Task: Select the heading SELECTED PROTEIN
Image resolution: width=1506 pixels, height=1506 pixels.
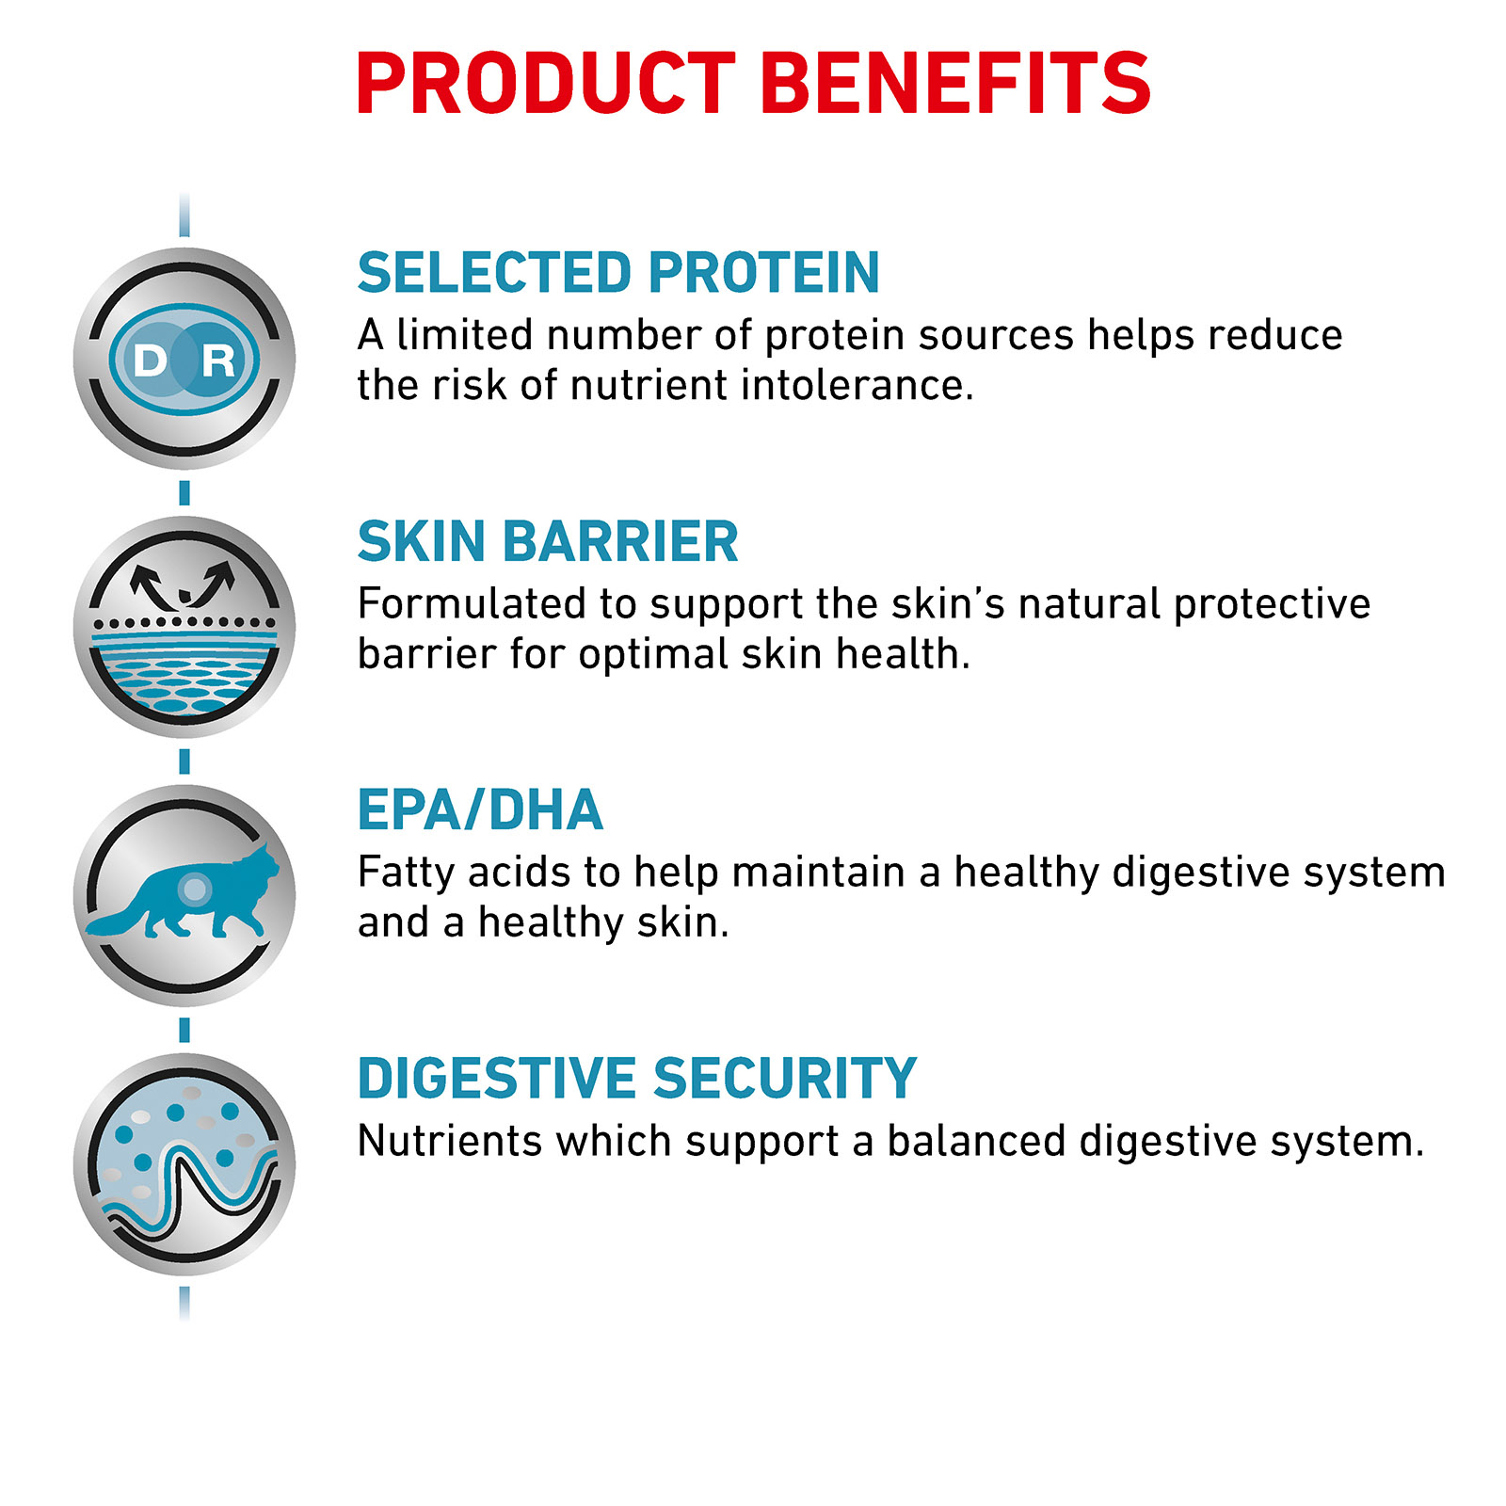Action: [618, 273]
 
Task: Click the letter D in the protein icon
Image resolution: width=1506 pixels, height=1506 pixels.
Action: [151, 360]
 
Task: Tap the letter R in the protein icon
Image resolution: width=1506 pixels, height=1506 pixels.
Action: [218, 360]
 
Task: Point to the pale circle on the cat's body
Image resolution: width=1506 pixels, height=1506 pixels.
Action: [195, 888]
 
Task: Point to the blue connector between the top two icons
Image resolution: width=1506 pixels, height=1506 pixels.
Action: [184, 492]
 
